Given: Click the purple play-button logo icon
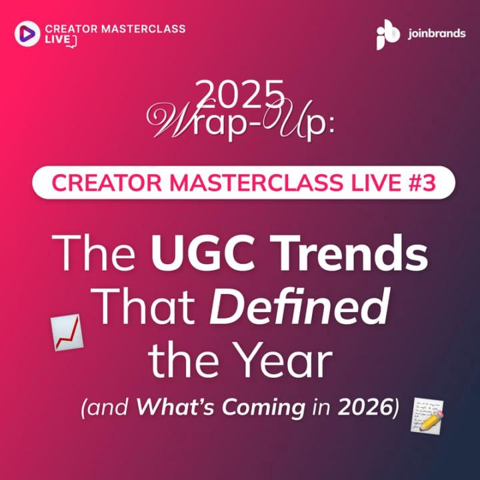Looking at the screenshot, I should [x=27, y=34].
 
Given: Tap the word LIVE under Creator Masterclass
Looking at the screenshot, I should [x=57, y=41].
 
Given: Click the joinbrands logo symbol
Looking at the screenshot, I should [x=388, y=34].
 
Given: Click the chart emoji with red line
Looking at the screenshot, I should [x=67, y=332].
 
